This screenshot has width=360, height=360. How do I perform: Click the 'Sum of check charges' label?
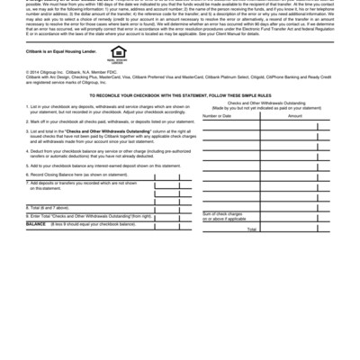(225, 214)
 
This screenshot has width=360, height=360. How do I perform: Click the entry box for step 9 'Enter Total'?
(167, 216)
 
